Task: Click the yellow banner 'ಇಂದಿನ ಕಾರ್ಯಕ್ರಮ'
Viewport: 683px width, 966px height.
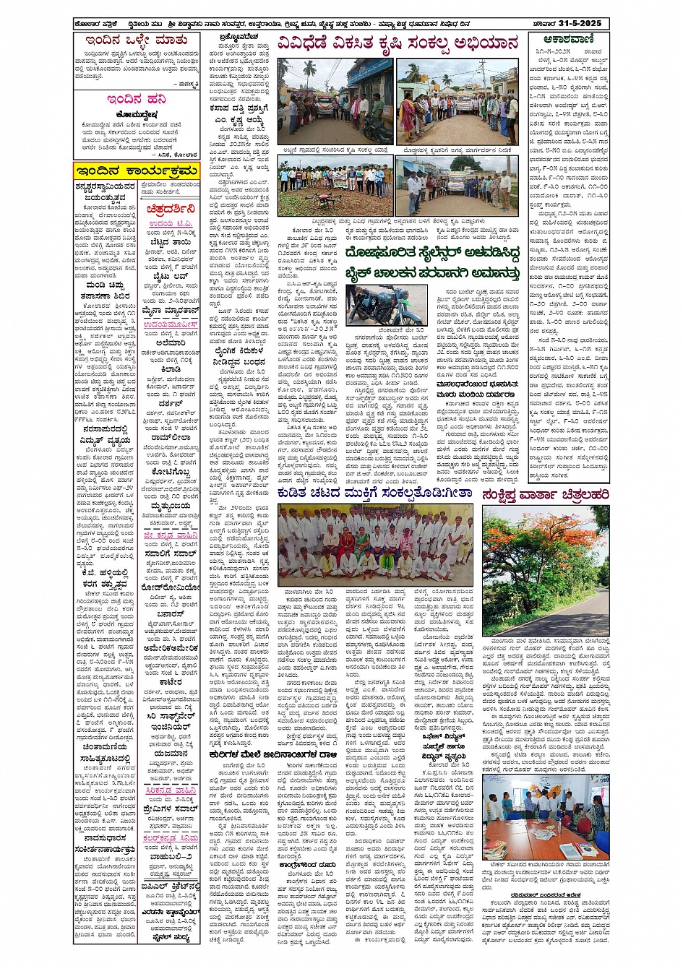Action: [x=136, y=171]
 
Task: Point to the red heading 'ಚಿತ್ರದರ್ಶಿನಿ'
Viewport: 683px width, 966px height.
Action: [x=170, y=208]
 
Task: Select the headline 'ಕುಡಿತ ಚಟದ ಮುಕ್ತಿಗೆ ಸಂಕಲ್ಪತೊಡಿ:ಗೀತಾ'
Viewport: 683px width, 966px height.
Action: [x=374, y=493]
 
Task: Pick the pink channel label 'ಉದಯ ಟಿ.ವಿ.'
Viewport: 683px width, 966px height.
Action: [x=171, y=224]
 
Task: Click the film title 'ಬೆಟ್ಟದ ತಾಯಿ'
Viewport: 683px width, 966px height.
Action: [x=171, y=243]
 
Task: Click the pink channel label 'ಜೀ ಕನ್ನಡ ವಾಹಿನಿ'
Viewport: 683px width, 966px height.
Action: [x=170, y=535]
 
